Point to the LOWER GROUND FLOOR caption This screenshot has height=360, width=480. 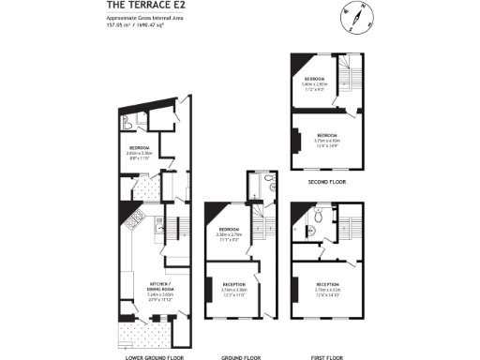(154, 357)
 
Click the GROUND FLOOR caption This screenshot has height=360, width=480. (246, 357)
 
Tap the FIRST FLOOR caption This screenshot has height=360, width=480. (327, 357)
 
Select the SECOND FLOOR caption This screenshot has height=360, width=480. (326, 181)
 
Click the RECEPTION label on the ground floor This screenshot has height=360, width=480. (233, 283)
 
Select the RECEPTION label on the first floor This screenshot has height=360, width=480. (327, 283)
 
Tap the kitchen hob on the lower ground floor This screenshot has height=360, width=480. (133, 221)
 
